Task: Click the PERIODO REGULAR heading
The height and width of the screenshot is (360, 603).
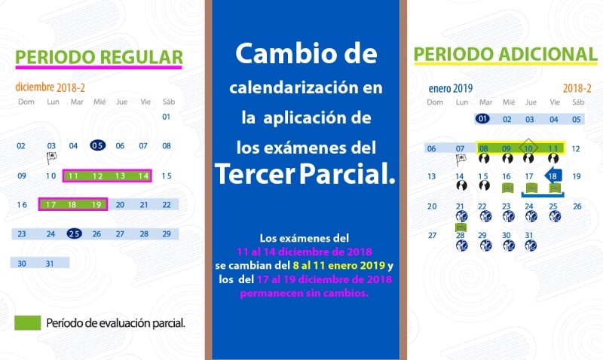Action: [99, 57]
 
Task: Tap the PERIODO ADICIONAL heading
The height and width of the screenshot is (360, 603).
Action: [505, 54]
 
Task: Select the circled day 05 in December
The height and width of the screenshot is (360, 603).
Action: [98, 145]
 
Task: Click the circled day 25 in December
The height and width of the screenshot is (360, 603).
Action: [74, 233]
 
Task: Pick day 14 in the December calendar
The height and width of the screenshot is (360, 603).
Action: [143, 176]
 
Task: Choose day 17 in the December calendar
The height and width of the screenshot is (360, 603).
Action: [51, 204]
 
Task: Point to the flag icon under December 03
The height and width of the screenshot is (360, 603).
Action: [51, 157]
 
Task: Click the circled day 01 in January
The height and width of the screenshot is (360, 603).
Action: [482, 119]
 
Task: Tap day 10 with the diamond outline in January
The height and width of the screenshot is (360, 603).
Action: [528, 148]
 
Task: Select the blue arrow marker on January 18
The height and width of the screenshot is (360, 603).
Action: [553, 176]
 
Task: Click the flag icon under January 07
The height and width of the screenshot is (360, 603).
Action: [461, 160]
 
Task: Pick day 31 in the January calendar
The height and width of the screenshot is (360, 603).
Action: [529, 235]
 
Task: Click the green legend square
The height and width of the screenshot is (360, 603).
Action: [28, 323]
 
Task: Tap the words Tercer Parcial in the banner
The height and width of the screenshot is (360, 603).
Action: [305, 174]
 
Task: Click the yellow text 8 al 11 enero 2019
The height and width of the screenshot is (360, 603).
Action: [338, 265]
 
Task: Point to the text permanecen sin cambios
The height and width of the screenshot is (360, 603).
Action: [305, 293]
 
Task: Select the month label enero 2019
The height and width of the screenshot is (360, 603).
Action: [450, 89]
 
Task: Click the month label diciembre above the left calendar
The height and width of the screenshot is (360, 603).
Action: [35, 87]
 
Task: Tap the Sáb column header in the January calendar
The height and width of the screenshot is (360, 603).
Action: [577, 102]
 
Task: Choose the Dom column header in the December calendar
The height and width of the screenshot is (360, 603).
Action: [26, 102]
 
